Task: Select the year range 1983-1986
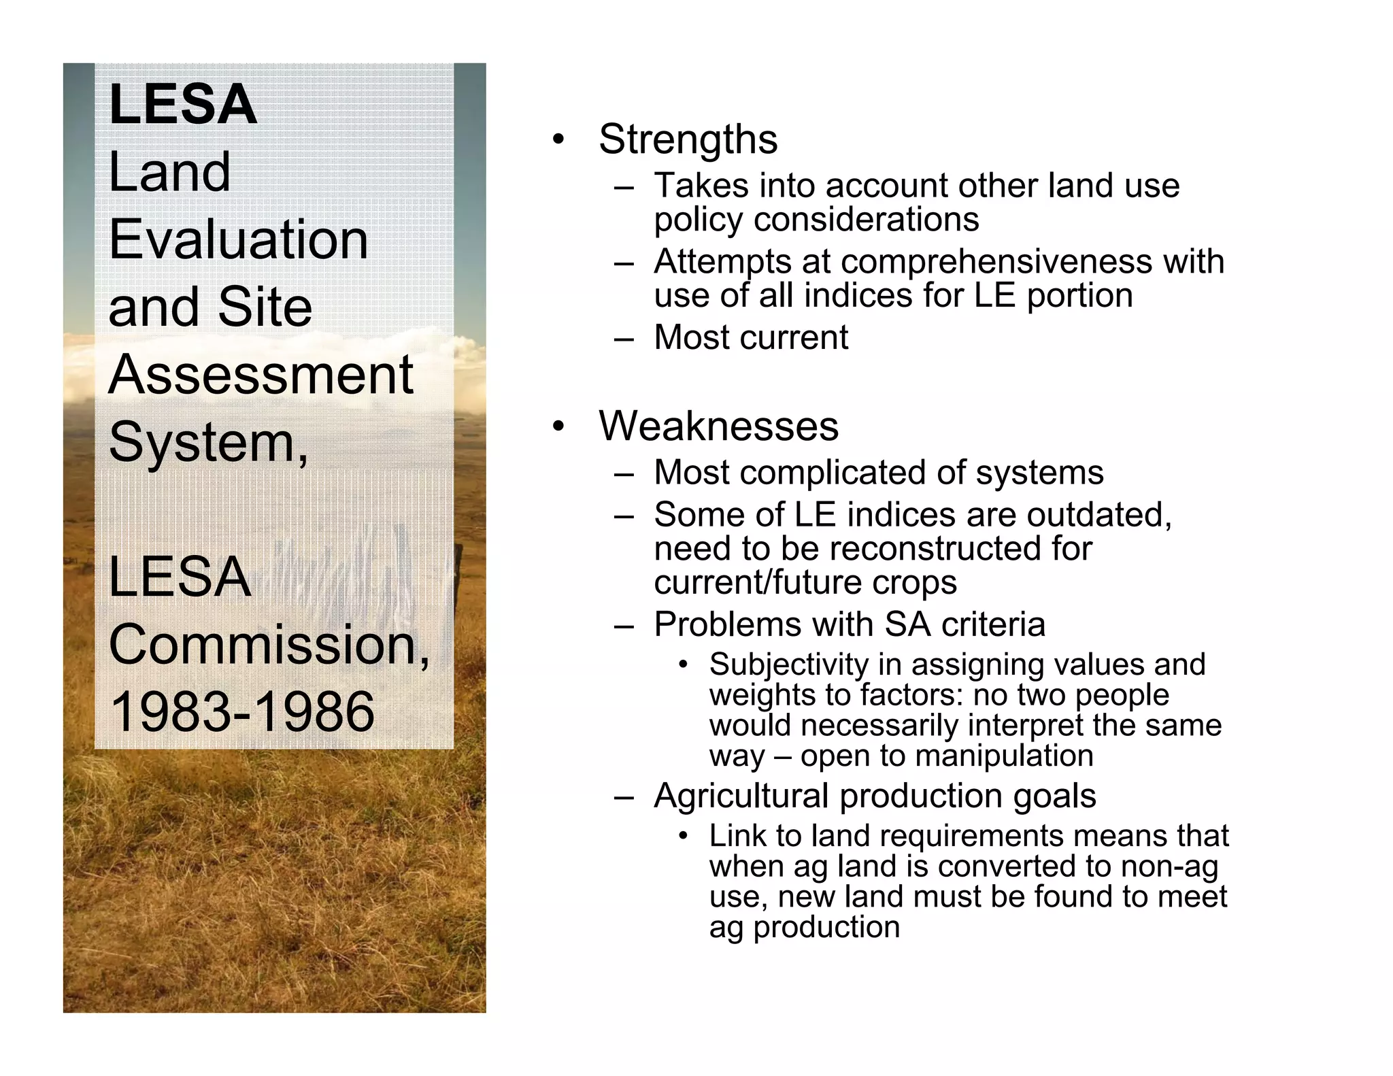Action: point(241,711)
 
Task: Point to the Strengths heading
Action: point(688,139)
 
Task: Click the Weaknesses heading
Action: point(718,426)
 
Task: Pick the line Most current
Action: point(751,337)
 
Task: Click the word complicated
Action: point(833,473)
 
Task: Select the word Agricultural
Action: point(741,796)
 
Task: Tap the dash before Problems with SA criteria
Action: point(624,625)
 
